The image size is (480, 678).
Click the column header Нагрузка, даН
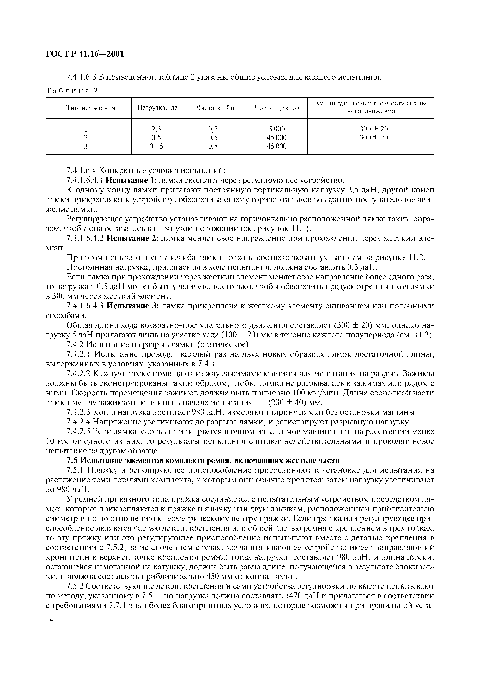click(x=160, y=108)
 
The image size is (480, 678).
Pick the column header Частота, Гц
click(x=215, y=108)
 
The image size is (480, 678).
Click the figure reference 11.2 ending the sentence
click(x=416, y=257)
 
